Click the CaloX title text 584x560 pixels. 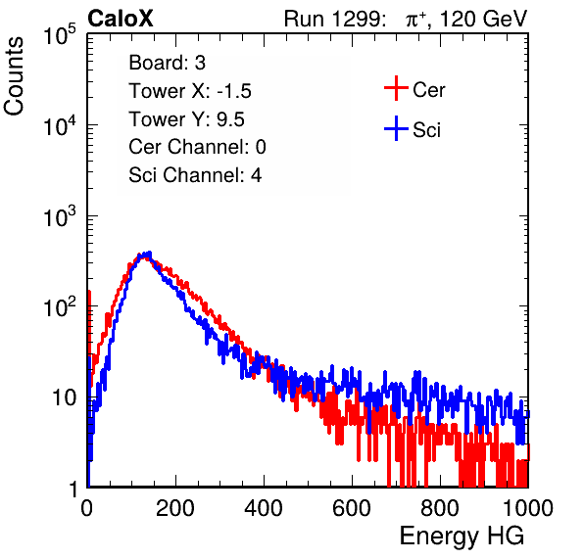(x=120, y=19)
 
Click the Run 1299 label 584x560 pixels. (x=334, y=19)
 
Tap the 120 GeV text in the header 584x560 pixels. (x=483, y=19)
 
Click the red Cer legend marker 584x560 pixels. (x=396, y=88)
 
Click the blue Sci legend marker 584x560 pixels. (x=396, y=128)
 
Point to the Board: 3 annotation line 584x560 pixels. (x=167, y=63)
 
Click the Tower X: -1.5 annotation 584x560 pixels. (x=190, y=91)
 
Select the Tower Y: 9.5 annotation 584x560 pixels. (x=186, y=119)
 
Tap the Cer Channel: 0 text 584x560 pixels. (x=197, y=147)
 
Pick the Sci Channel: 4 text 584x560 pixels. (x=195, y=175)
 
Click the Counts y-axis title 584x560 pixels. (x=14, y=75)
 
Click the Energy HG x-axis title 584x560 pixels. (x=462, y=537)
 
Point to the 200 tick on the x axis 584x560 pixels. (x=175, y=508)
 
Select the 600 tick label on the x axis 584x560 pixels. (x=352, y=508)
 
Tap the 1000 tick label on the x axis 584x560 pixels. (x=528, y=508)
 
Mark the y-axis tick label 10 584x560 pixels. (x=65, y=397)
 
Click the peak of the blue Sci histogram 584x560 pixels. (x=149, y=254)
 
